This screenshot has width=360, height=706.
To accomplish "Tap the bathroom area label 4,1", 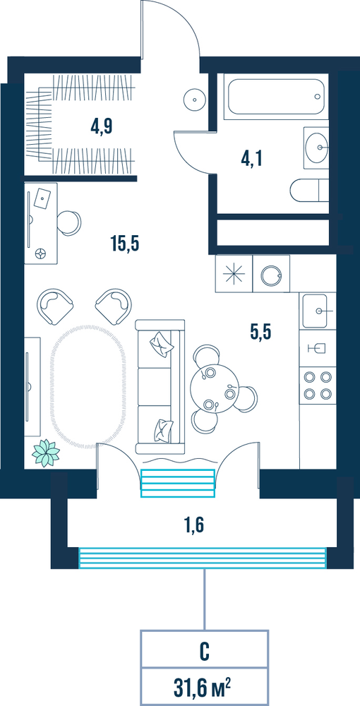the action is tap(251, 158).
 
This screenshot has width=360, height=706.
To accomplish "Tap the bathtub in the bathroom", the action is tap(276, 97).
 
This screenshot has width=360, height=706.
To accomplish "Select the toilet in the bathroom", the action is tap(309, 191).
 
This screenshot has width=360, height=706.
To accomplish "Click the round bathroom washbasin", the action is tap(317, 147).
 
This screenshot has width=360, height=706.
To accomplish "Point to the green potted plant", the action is tap(46, 453).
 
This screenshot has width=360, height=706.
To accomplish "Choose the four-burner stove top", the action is tap(317, 384).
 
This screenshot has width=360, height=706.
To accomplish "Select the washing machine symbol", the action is tap(271, 274).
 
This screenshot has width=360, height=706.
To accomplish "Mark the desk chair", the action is tap(70, 222).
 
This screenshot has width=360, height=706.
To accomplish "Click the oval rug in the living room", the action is tap(86, 386).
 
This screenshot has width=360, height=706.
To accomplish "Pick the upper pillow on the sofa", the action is tap(162, 344).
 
